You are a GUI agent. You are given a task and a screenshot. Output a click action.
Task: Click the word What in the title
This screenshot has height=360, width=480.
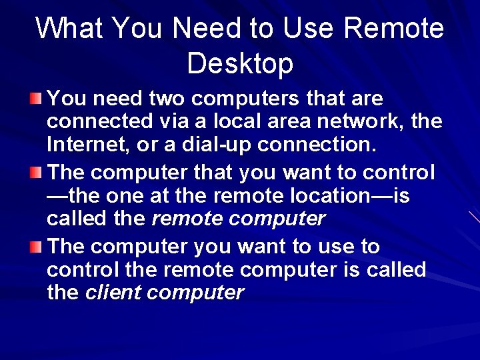coord(70,29)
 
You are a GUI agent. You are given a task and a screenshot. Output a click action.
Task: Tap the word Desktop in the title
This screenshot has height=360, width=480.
coord(240,63)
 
